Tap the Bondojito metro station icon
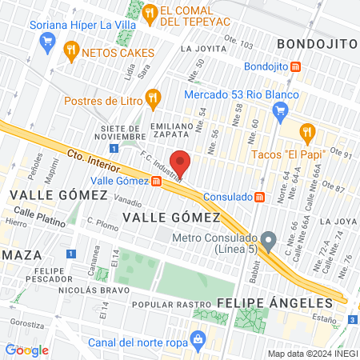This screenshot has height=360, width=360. (x=296, y=67)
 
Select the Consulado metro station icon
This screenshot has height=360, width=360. (x=259, y=197)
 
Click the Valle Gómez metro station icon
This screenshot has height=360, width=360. (x=157, y=181)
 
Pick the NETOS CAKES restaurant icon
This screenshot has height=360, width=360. (x=71, y=50)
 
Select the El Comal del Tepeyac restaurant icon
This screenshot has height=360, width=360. (x=150, y=11)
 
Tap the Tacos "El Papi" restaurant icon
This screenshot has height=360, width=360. (x=305, y=132)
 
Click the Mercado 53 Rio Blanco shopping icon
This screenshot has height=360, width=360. (x=279, y=112)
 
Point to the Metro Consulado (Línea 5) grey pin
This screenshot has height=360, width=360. (x=269, y=240)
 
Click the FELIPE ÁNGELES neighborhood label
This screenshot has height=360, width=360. (x=274, y=303)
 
